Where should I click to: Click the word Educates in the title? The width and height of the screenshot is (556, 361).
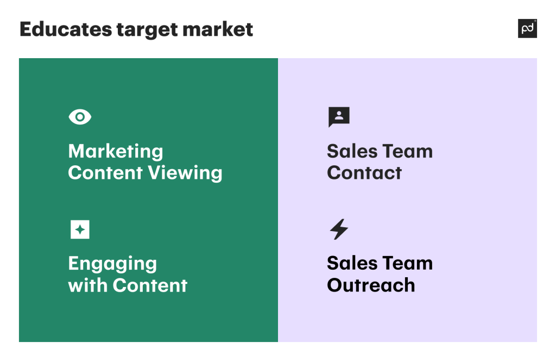66,29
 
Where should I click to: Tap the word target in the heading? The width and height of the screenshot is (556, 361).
147,30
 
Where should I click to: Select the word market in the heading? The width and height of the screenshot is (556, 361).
218,29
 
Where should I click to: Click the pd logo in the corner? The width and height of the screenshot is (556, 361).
527,28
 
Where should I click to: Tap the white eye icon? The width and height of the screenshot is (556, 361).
80,117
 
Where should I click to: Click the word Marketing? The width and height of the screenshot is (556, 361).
116,152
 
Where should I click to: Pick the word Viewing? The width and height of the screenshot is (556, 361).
185,173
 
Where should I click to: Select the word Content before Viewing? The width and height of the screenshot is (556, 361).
105,173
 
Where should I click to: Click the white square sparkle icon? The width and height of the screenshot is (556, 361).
80,229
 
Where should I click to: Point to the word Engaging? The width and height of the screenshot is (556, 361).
112,264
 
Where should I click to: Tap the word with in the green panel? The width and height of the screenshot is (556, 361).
88,285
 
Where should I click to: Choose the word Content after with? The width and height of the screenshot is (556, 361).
150,285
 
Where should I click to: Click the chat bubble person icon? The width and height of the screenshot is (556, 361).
339,116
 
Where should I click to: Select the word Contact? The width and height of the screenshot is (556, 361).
364,173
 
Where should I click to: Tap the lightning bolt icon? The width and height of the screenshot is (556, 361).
339,229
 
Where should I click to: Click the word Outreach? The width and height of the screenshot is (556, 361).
371,285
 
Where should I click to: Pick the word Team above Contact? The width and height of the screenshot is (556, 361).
407,151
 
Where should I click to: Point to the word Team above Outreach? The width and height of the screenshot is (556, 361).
407,263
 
